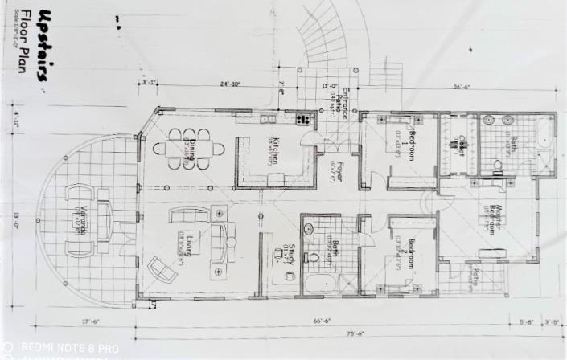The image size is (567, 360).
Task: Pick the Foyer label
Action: click(341, 172)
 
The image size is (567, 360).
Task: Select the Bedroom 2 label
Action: click(409, 254)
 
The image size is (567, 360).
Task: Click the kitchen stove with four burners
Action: click(303, 119)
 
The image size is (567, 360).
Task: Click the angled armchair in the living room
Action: click(163, 268)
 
